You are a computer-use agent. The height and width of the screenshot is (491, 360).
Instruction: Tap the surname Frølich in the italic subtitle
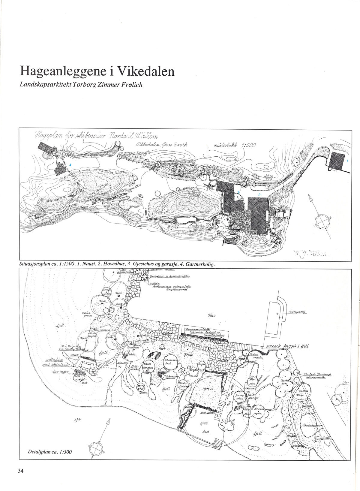129,84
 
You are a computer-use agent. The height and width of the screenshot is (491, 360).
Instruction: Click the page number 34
20,471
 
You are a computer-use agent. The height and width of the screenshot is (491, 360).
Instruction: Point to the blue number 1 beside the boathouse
347,161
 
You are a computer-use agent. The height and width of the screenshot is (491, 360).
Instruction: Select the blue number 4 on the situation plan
70,165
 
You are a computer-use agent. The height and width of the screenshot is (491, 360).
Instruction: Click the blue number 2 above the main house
259,194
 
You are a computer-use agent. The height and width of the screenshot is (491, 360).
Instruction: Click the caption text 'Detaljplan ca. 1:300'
46,451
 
